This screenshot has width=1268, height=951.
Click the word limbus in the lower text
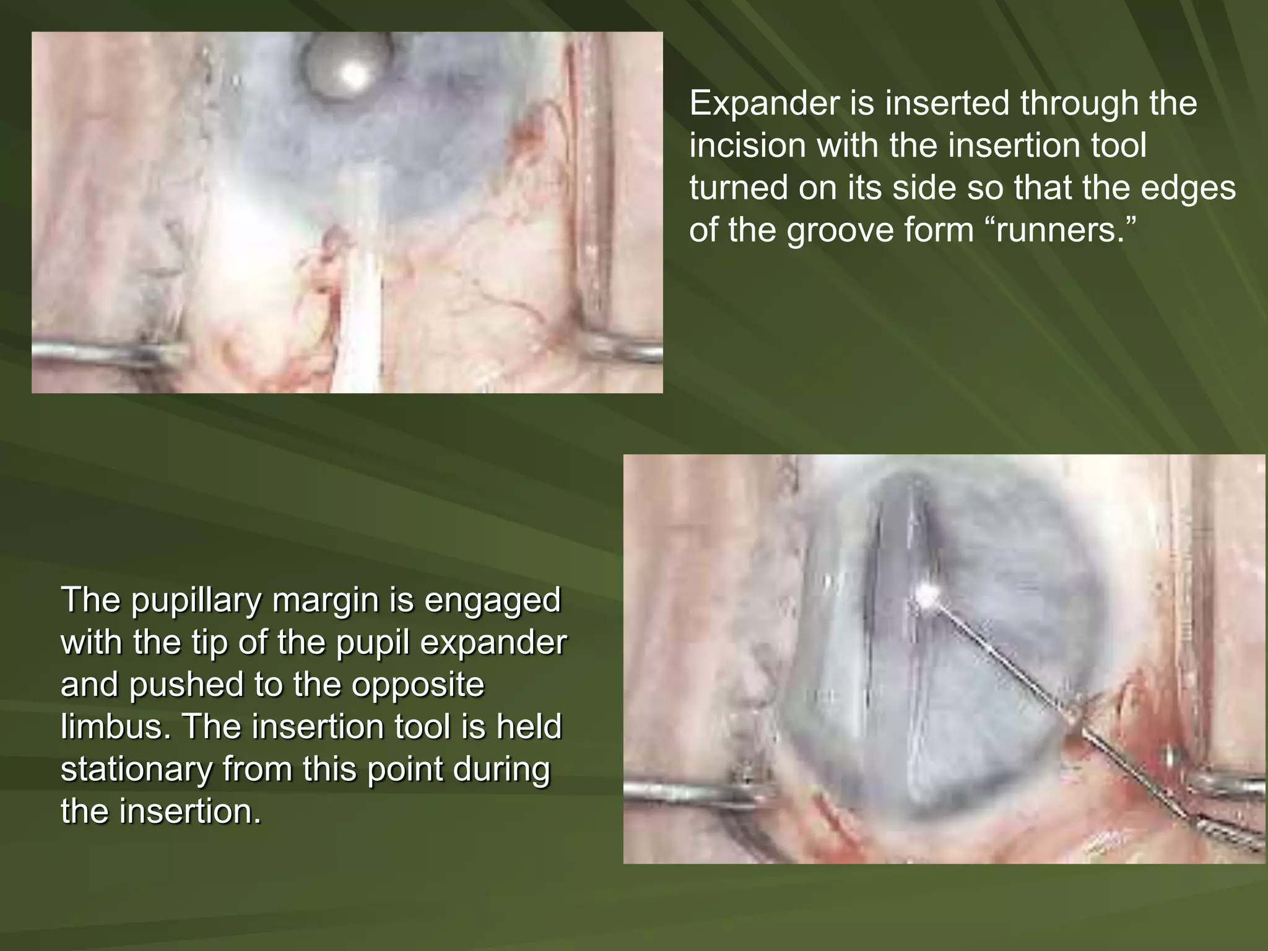115,726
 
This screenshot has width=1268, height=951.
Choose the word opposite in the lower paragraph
418,684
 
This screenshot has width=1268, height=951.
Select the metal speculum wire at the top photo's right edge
625,353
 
